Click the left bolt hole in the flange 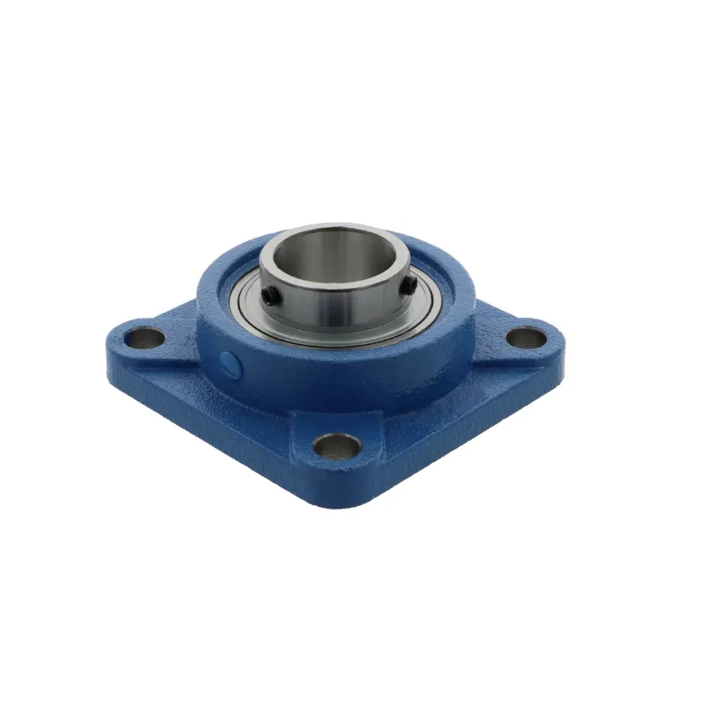click(x=147, y=336)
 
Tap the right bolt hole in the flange click(x=527, y=337)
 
